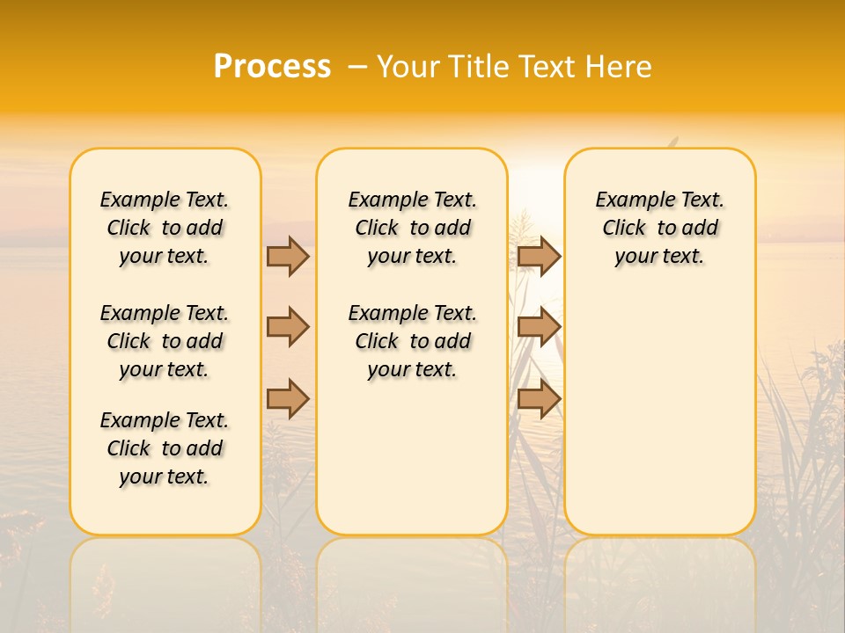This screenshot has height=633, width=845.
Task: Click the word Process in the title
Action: point(272,67)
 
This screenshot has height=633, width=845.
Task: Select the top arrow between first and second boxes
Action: point(288,256)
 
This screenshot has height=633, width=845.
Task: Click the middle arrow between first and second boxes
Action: point(288,327)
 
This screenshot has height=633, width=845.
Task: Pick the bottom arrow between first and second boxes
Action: point(288,399)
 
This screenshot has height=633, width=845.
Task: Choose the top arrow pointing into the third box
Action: point(539,256)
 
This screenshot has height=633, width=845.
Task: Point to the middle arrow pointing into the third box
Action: point(539,327)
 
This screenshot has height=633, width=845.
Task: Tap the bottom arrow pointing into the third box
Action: point(539,399)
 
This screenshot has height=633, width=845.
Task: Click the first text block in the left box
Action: point(165,228)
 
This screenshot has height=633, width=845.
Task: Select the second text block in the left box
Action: point(165,341)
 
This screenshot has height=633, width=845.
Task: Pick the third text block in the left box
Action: point(165,448)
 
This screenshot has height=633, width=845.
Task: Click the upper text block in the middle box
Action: point(412,228)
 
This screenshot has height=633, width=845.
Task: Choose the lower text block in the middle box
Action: point(412,341)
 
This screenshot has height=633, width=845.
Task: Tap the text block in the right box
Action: point(660,228)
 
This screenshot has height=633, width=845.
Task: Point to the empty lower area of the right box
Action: point(660,413)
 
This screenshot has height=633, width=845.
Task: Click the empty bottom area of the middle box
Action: point(412,466)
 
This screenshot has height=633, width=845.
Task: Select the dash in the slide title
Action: point(357,67)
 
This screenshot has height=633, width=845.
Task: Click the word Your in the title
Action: point(407,67)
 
